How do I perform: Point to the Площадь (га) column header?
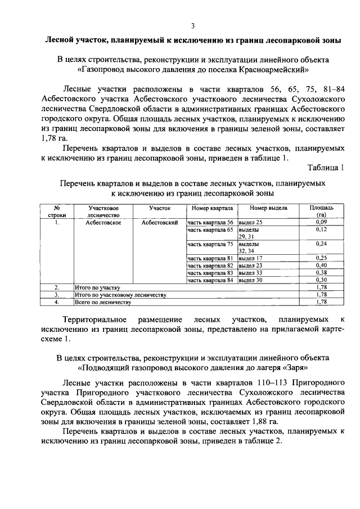click(321, 211)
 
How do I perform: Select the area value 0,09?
click(321, 223)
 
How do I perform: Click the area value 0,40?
click(321, 265)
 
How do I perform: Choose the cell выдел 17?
click(250, 258)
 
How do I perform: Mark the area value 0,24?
click(321, 244)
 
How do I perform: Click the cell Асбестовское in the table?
click(103, 223)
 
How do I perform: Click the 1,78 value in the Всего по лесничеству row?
click(321, 301)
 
